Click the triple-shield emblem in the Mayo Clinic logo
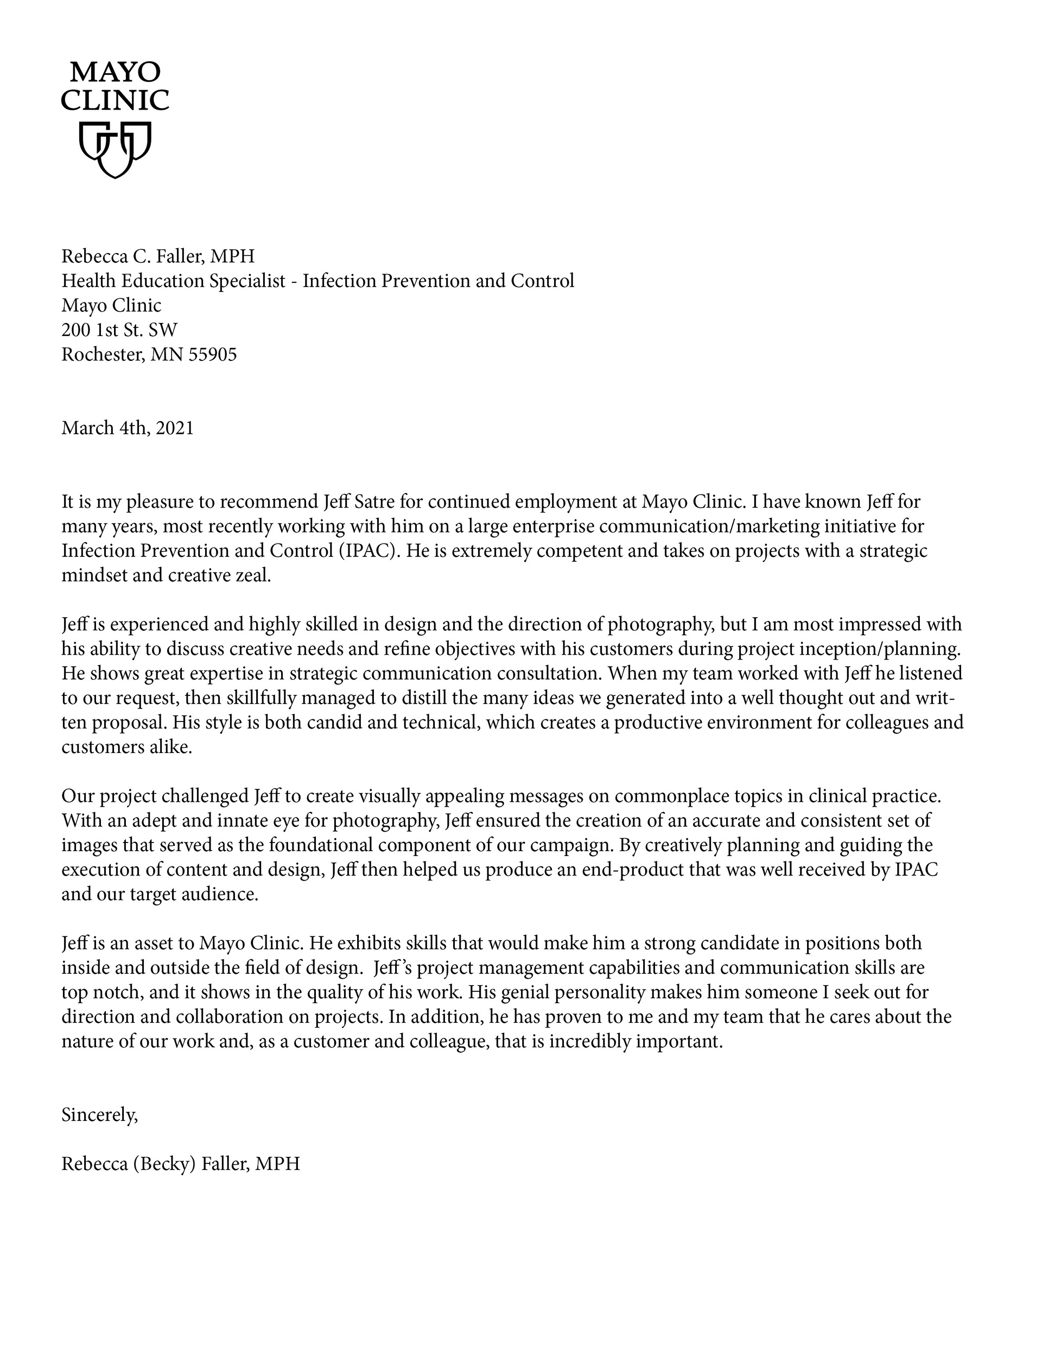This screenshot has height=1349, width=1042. coord(115,149)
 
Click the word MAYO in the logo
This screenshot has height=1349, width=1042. coord(115,72)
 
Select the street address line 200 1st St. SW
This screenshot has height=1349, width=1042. coord(119,330)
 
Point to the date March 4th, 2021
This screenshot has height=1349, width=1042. coord(127,428)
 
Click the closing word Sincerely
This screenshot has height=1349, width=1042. coord(99,1115)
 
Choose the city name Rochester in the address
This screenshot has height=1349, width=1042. coord(103,354)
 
